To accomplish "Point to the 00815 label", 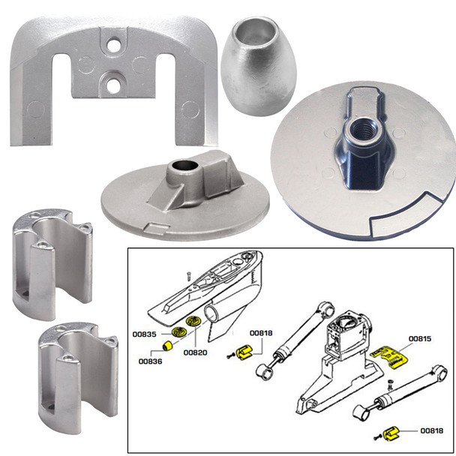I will point(421,338).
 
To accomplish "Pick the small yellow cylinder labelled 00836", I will point(171,348).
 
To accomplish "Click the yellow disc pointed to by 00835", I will point(179,333).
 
